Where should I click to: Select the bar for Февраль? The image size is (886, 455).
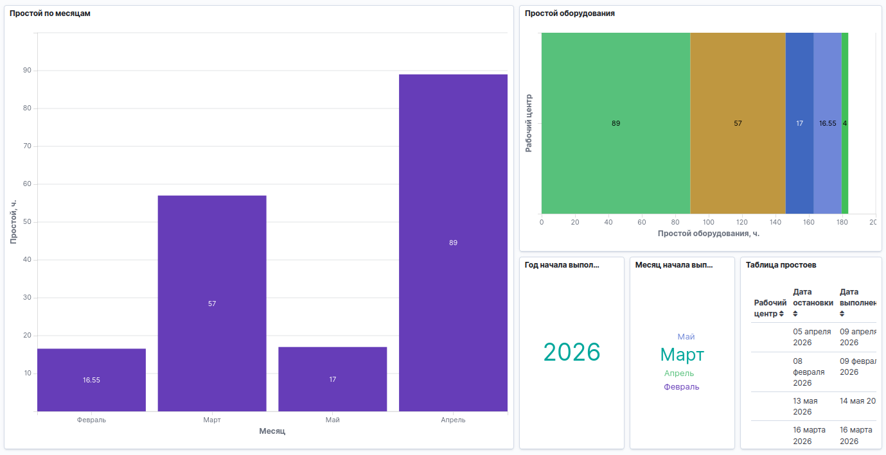[x=91, y=379]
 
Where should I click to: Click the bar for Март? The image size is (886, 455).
[x=212, y=303]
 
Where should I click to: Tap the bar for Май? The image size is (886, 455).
[x=332, y=379]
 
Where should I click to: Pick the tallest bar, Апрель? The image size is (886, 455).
[x=453, y=243]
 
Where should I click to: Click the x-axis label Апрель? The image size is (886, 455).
[x=453, y=420]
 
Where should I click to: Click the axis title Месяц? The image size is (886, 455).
[x=272, y=431]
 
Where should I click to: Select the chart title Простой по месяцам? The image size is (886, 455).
[x=49, y=13]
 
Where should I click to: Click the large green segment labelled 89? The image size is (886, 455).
[x=616, y=123]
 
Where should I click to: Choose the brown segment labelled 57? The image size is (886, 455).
[x=738, y=123]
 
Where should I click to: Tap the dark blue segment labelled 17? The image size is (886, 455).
[x=799, y=123]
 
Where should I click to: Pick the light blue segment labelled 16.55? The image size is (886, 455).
[x=828, y=123]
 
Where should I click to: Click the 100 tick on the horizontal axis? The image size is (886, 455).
[x=709, y=222]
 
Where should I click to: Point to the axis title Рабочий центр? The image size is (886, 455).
[x=529, y=123]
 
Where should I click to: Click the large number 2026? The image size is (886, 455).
[x=572, y=352]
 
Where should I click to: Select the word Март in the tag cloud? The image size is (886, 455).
[x=682, y=354]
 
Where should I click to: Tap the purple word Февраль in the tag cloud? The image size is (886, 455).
[x=682, y=387]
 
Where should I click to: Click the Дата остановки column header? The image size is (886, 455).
[x=813, y=302]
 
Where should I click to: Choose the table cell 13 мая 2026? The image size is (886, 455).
[x=806, y=406]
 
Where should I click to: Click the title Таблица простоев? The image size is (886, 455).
[x=781, y=265]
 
